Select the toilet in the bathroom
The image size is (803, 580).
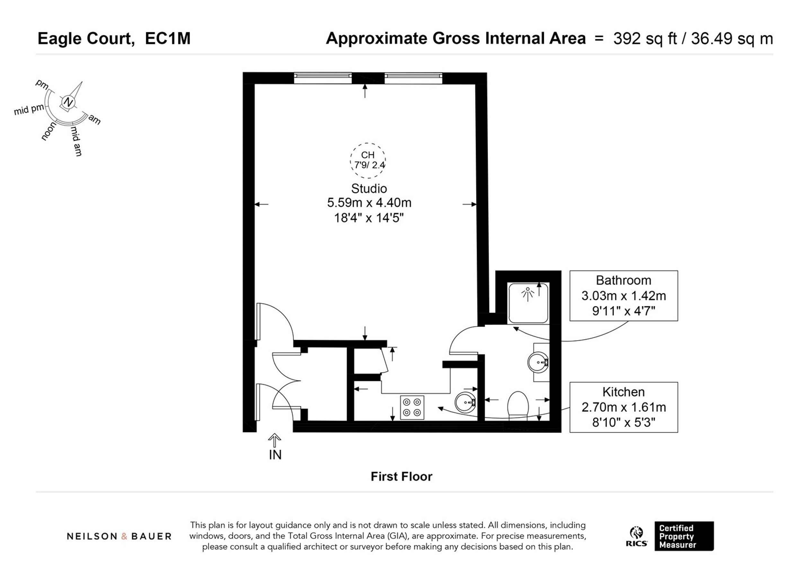tap(518, 405)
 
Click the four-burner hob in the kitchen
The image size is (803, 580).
tap(412, 407)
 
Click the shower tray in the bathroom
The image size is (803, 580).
tap(528, 303)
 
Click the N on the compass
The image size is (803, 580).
tap(68, 102)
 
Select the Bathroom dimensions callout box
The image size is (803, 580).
tap(623, 296)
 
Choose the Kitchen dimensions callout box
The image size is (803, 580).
tap(623, 407)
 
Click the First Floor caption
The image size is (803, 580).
tap(401, 477)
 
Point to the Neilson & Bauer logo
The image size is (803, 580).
tap(119, 536)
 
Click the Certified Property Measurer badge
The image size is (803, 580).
tap(684, 536)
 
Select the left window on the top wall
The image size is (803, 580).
tap(322, 78)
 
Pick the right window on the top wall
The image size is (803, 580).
tap(413, 78)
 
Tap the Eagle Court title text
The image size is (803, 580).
tap(86, 38)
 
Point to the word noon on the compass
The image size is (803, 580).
tap(49, 131)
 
